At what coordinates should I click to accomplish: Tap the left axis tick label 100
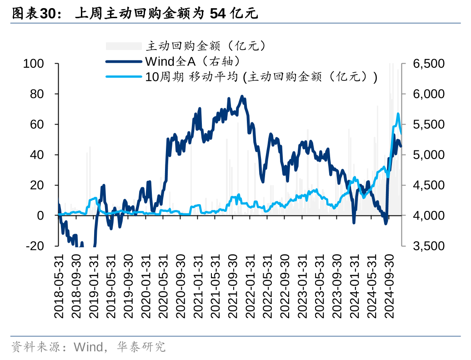(x=33, y=64)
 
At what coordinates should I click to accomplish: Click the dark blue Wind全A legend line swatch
(x=124, y=61)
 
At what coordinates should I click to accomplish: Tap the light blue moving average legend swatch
(x=124, y=76)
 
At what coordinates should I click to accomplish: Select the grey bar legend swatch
(x=124, y=46)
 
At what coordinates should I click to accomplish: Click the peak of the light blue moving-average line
(x=398, y=114)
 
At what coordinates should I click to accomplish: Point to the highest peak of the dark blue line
(x=242, y=96)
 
